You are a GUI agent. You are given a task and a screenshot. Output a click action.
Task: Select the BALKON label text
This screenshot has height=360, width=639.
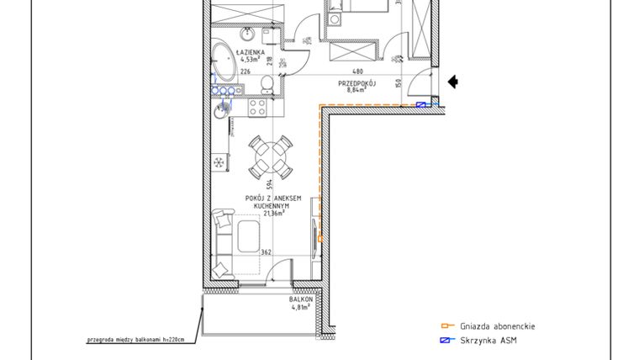pos(302,299)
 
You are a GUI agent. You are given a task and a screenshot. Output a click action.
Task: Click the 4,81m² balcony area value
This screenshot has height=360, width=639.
pos(301,308)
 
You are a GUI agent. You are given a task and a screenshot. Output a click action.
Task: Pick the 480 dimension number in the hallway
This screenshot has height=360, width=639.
pos(356,71)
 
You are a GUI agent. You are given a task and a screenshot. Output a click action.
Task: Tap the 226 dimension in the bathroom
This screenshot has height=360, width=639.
pos(246,72)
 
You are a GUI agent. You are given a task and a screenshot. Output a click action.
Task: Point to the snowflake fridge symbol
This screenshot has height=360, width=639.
pos(219,161)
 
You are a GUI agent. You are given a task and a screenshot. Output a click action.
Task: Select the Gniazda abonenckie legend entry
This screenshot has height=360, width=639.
pos(497,326)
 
